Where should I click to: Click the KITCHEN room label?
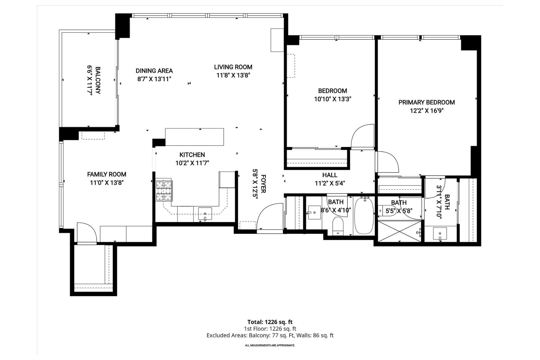point(192,155)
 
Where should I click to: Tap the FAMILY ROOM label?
point(106,174)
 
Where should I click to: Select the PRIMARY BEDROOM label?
point(427,102)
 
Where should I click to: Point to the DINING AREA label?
point(154,71)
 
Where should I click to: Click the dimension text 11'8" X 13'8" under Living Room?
point(233,75)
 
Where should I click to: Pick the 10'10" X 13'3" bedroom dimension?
point(332,99)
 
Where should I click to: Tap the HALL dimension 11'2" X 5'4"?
point(330,183)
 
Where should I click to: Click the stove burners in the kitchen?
point(164,190)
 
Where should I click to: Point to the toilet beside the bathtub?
point(338,226)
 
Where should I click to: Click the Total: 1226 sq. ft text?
point(270,322)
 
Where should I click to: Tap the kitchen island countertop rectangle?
point(194,137)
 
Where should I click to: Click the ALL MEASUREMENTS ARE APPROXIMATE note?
point(270,346)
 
